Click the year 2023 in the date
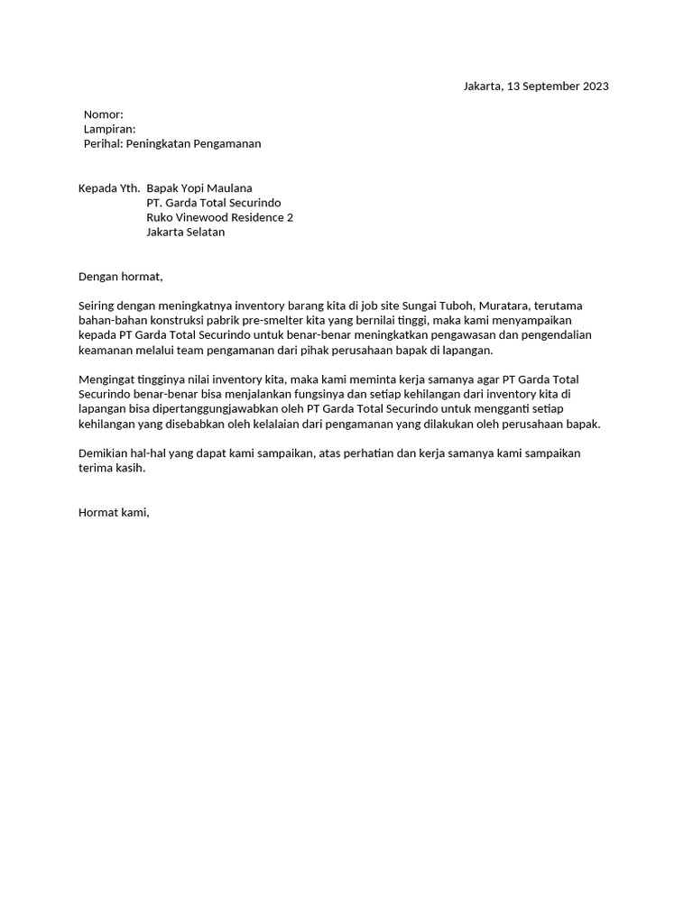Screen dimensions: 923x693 tap(596, 87)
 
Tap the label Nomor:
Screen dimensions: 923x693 tap(103, 114)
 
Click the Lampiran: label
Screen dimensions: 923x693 tap(109, 129)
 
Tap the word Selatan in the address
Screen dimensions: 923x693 tap(205, 232)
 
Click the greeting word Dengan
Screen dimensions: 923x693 tap(98, 277)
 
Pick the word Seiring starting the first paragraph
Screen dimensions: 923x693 tap(98, 306)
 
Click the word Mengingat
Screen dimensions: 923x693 tap(106, 379)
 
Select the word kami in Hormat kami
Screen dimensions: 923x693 tap(135, 513)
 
